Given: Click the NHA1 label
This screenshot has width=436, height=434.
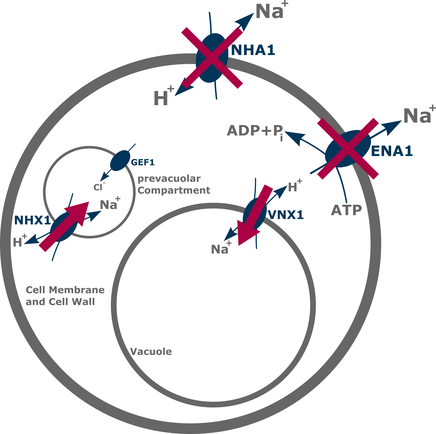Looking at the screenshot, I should pyautogui.click(x=253, y=50).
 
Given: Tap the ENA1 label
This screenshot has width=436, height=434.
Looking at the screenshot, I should pyautogui.click(x=392, y=151).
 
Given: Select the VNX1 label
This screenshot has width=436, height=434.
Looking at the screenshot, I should pyautogui.click(x=286, y=215).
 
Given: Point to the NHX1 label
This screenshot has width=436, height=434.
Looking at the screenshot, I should pyautogui.click(x=32, y=220).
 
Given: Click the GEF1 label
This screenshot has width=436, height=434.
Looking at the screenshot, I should pyautogui.click(x=143, y=162).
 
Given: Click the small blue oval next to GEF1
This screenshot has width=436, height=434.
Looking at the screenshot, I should pyautogui.click(x=120, y=160).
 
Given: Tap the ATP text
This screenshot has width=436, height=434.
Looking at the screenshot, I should pyautogui.click(x=346, y=210).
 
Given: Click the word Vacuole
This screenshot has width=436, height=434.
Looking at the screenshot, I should pyautogui.click(x=151, y=352).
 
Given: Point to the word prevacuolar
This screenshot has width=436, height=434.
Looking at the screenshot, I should pyautogui.click(x=169, y=179).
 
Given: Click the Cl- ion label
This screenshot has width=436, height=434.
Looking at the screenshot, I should pyautogui.click(x=98, y=187).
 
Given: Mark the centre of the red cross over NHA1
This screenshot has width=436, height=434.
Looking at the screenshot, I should pyautogui.click(x=212, y=58).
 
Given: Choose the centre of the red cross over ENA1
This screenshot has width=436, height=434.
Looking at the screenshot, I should pyautogui.click(x=348, y=149).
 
